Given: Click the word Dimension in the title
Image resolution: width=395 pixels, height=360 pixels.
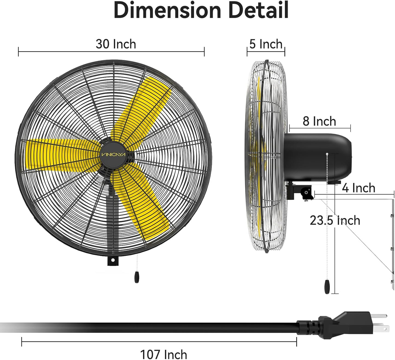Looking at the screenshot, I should [x=167, y=10].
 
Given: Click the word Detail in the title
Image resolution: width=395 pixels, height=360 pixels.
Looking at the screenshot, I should [x=258, y=10].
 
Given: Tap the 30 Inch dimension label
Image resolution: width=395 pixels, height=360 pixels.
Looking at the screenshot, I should [x=116, y=44].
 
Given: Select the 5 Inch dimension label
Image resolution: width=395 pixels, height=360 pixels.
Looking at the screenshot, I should [x=266, y=44].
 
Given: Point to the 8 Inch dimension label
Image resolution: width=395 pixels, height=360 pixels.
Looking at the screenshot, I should [x=319, y=121].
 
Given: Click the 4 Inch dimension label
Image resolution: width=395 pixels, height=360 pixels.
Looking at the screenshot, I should [x=359, y=188].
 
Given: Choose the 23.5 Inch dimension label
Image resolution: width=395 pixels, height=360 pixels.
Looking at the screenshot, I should [x=335, y=220].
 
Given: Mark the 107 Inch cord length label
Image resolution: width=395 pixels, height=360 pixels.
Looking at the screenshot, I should [x=163, y=355].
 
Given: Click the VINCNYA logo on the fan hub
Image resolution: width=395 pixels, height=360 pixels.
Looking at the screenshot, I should [x=113, y=155].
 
